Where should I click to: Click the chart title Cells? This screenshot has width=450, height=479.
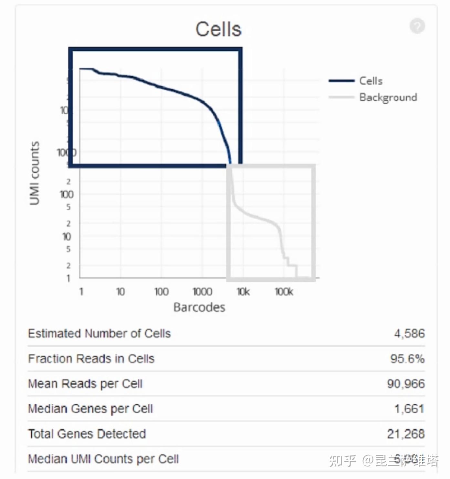pos(218,29)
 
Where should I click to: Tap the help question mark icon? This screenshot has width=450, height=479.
pos(417,26)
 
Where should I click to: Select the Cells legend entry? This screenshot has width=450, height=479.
pos(371,81)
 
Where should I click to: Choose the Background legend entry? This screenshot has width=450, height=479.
pos(388,97)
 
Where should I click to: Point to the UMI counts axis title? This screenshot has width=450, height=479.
pos(35,173)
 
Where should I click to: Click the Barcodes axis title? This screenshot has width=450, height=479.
pos(199,307)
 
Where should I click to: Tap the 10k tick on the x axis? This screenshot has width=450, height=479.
pos(243,292)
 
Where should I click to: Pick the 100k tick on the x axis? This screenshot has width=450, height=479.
pos(284,292)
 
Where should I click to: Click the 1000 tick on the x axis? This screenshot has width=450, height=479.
pos(202,292)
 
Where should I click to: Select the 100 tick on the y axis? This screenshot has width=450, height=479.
pos(67,194)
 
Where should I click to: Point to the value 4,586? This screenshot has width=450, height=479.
pos(409,333)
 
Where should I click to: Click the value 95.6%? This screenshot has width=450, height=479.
pos(407,359)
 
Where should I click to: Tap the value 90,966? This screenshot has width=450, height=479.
pos(406,384)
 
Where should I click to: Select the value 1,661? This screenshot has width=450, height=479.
pos(409,409)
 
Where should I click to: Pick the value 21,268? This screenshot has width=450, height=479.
pos(406,434)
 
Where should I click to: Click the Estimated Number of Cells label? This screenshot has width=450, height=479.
pos(99,333)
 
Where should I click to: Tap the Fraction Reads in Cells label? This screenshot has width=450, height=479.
pos(91,359)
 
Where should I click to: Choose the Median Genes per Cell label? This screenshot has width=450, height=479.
pos(90,409)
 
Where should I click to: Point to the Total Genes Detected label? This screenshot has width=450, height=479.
pos(87,434)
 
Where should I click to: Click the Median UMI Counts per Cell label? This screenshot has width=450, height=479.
pos(103,459)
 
